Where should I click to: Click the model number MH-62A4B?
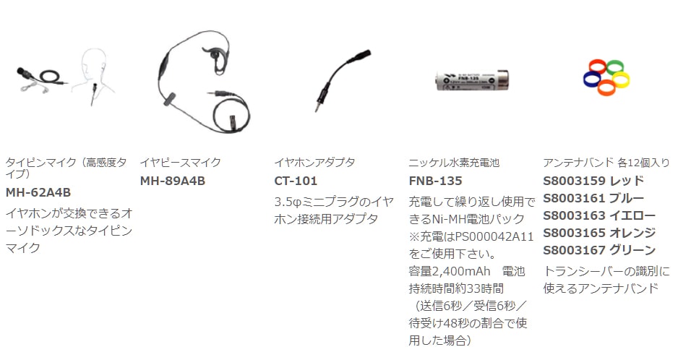[38, 192]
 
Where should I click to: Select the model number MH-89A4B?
[173, 181]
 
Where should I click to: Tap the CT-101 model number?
[296, 181]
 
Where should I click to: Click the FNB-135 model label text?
[435, 181]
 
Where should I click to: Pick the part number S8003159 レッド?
[593, 181]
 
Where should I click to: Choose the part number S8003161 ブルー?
[593, 198]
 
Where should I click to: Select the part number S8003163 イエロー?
[599, 215]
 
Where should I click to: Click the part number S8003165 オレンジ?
[599, 233]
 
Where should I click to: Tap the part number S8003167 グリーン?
[599, 250]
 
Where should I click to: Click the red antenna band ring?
[597, 67]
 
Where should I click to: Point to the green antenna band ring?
[614, 68]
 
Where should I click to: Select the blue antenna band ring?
[592, 79]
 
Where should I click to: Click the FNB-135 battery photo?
[472, 80]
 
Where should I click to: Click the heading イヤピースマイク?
[180, 163]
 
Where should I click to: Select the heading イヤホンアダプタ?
[315, 163]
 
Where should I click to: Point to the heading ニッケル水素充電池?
[454, 163]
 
